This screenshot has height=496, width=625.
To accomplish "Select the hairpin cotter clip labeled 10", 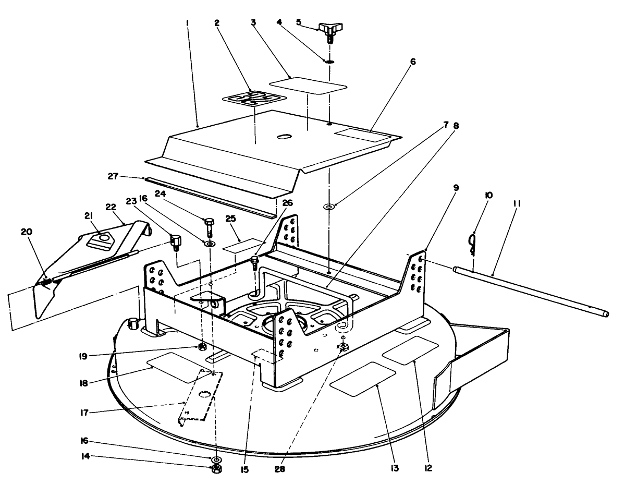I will click(x=472, y=243).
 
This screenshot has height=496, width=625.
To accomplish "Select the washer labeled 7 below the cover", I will click(x=329, y=207).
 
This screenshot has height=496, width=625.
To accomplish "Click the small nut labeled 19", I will click(x=202, y=347).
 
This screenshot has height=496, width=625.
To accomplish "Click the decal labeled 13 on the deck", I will click(x=364, y=379).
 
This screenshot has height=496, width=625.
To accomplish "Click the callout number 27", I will click(x=128, y=176).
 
